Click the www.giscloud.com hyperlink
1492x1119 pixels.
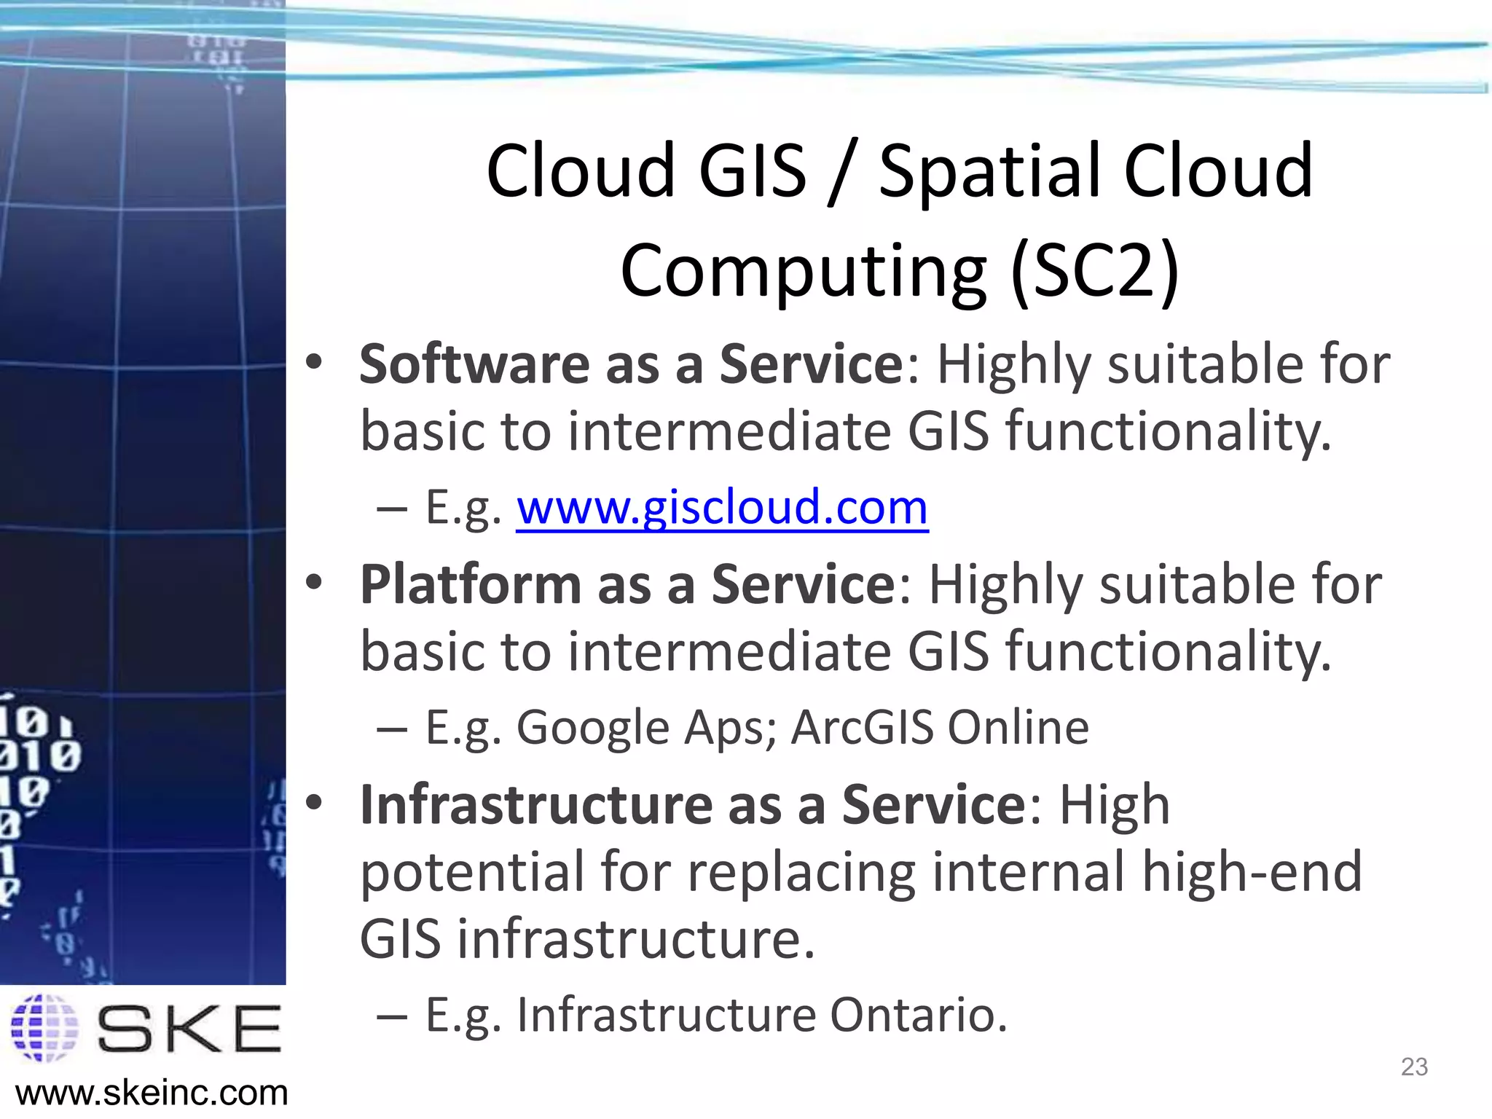[722, 508]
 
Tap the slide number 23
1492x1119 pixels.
[1414, 1067]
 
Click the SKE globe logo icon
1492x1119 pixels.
[45, 1028]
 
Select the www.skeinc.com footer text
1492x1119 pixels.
[152, 1094]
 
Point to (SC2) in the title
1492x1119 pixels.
[1095, 271]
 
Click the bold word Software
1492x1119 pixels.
[474, 364]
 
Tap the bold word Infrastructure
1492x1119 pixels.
[536, 805]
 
